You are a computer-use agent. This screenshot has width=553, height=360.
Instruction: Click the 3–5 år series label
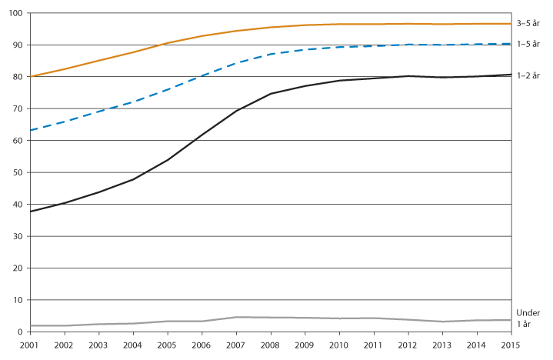(529, 25)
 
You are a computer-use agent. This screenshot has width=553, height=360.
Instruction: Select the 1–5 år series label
(529, 44)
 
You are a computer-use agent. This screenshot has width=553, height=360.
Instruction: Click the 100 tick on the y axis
(15, 13)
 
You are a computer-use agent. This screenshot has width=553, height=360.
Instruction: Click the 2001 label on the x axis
(31, 345)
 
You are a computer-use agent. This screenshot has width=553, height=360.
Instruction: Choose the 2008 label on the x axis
(271, 345)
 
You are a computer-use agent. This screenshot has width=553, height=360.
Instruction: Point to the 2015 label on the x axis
(511, 345)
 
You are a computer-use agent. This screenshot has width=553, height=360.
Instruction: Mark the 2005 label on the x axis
(168, 345)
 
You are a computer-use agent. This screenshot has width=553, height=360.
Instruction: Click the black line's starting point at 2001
(31, 212)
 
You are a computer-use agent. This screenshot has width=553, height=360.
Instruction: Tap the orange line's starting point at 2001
(31, 76)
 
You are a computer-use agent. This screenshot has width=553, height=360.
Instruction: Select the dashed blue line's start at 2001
(31, 130)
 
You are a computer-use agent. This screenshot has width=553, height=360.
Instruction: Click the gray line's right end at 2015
(511, 320)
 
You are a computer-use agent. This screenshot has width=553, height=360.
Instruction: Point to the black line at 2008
(271, 94)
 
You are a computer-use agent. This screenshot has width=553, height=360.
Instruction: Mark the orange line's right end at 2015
(511, 24)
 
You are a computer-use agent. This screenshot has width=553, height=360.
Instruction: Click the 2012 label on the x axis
(408, 345)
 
